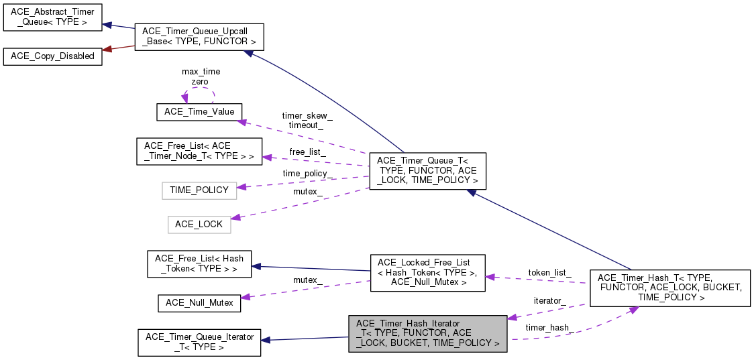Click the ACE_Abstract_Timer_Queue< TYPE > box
[53, 17]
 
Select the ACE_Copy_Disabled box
[53, 56]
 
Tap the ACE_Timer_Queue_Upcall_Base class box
[199, 38]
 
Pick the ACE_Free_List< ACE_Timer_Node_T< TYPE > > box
[199, 152]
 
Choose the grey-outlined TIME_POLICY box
[199, 190]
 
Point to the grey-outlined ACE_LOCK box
[199, 224]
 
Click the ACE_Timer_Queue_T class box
[427, 170]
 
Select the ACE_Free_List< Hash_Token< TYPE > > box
[199, 263]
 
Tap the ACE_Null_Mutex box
[199, 302]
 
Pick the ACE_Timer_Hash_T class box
[669, 287]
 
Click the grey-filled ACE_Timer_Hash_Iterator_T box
[427, 333]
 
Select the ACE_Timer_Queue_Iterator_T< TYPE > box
[199, 342]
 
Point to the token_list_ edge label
[549, 273]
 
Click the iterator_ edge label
[549, 301]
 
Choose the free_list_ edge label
[307, 152]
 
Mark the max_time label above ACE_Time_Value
[201, 71]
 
